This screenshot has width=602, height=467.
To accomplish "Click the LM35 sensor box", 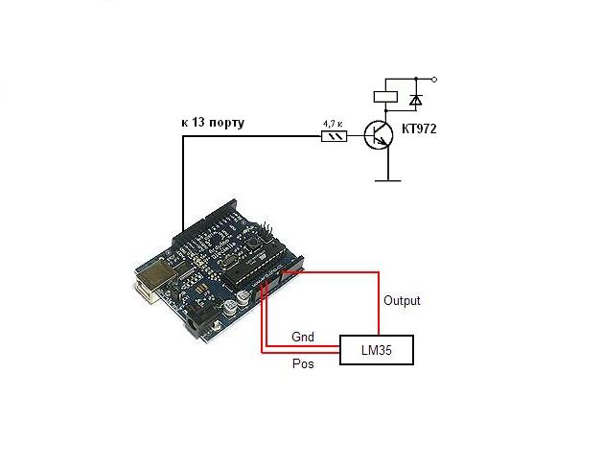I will pyautogui.click(x=378, y=351).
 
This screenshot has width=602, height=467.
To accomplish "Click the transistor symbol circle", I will pyautogui.click(x=378, y=135).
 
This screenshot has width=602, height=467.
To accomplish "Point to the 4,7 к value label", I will pyautogui.click(x=332, y=123).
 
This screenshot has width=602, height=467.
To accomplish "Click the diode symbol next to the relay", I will pyautogui.click(x=414, y=98).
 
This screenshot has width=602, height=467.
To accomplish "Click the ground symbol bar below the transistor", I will pyautogui.click(x=386, y=178).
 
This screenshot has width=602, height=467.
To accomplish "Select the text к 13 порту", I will pyautogui.click(x=213, y=124).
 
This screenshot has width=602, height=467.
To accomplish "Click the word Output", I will pyautogui.click(x=402, y=301).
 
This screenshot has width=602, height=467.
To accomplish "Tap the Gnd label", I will pyautogui.click(x=303, y=338).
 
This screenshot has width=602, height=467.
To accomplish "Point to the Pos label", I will pyautogui.click(x=302, y=364).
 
